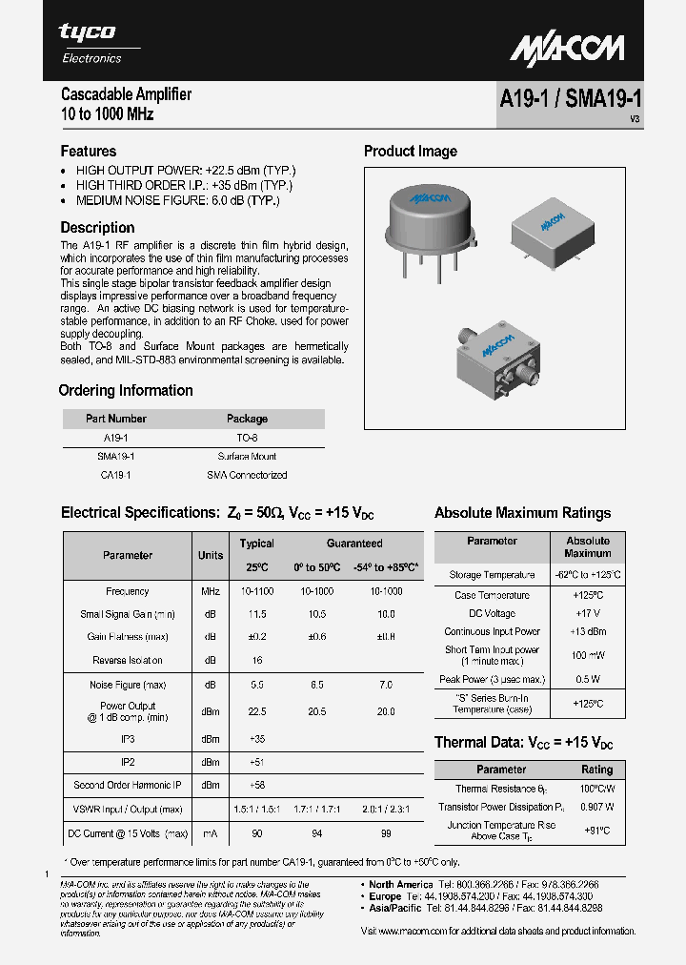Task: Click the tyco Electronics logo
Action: tap(91, 42)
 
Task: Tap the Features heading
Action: tap(89, 151)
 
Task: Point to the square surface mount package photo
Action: tap(553, 230)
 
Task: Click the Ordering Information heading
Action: tap(126, 390)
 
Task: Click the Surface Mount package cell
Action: tap(247, 457)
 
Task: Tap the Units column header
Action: tap(211, 555)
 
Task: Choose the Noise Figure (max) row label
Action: tap(128, 684)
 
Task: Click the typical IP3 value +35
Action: tap(256, 739)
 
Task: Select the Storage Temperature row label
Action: tap(492, 575)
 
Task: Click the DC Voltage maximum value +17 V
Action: tap(587, 613)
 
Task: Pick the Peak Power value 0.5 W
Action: tap(587, 679)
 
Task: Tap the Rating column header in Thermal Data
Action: tap(596, 770)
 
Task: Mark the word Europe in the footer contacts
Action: tap(387, 897)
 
